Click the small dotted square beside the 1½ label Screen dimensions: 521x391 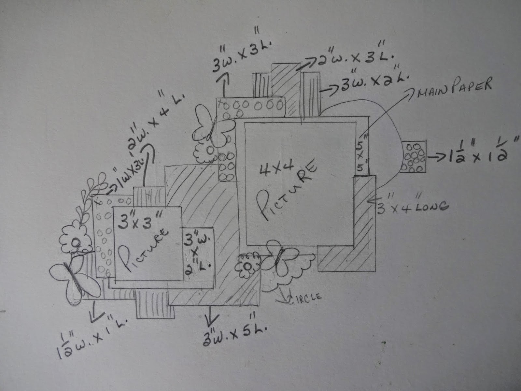tap(414, 157)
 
